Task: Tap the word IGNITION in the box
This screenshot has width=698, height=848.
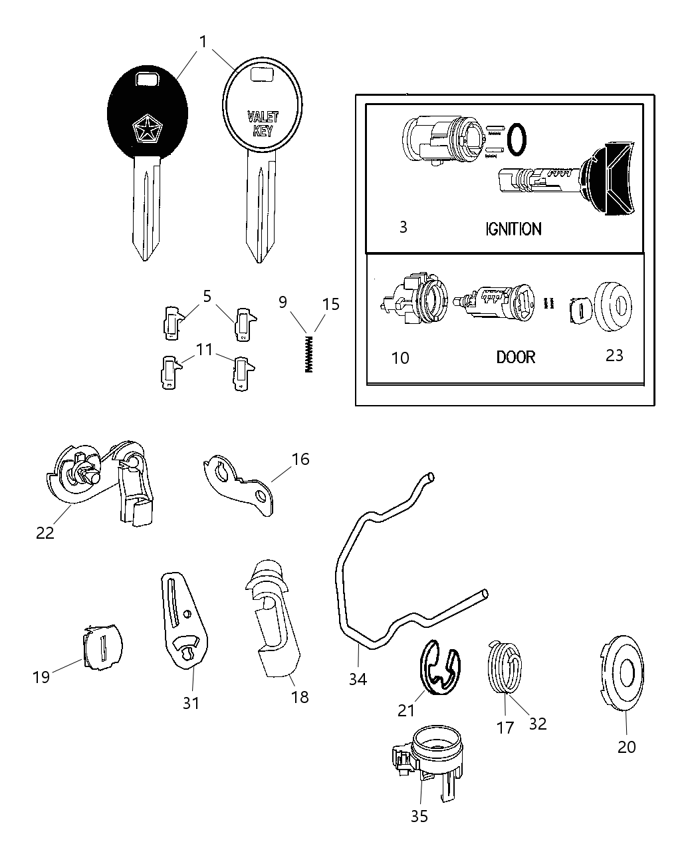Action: coord(512,229)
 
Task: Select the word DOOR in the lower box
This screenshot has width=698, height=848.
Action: coord(515,357)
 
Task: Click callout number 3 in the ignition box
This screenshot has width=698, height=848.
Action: coord(403,227)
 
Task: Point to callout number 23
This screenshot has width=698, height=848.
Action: coord(614,355)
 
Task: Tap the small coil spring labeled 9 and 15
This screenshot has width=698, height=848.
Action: coord(308,353)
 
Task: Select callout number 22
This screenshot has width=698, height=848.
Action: coord(45,533)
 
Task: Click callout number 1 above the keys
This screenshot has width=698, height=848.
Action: coord(203,42)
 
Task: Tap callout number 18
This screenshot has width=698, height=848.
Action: coord(300,696)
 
